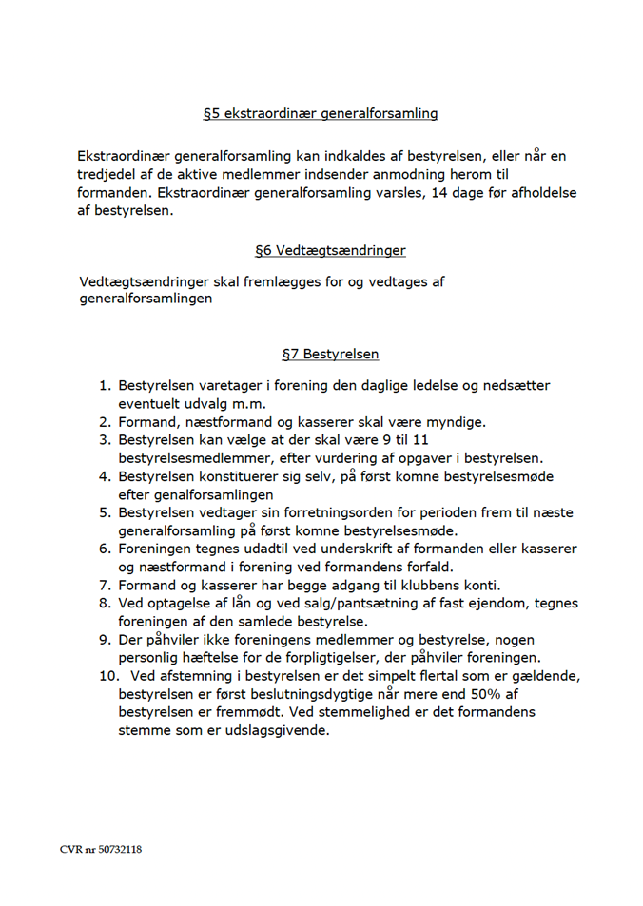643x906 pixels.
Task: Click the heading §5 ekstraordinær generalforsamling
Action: tap(321, 113)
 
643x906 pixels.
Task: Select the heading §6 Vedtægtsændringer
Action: tap(330, 251)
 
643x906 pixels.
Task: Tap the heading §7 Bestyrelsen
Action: tap(330, 355)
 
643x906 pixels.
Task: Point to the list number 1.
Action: tap(104, 386)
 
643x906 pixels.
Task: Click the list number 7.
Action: tap(104, 585)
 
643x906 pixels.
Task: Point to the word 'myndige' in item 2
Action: tap(453, 422)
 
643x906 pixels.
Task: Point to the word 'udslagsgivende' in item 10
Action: tap(275, 730)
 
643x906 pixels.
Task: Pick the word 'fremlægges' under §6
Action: tap(261, 281)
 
